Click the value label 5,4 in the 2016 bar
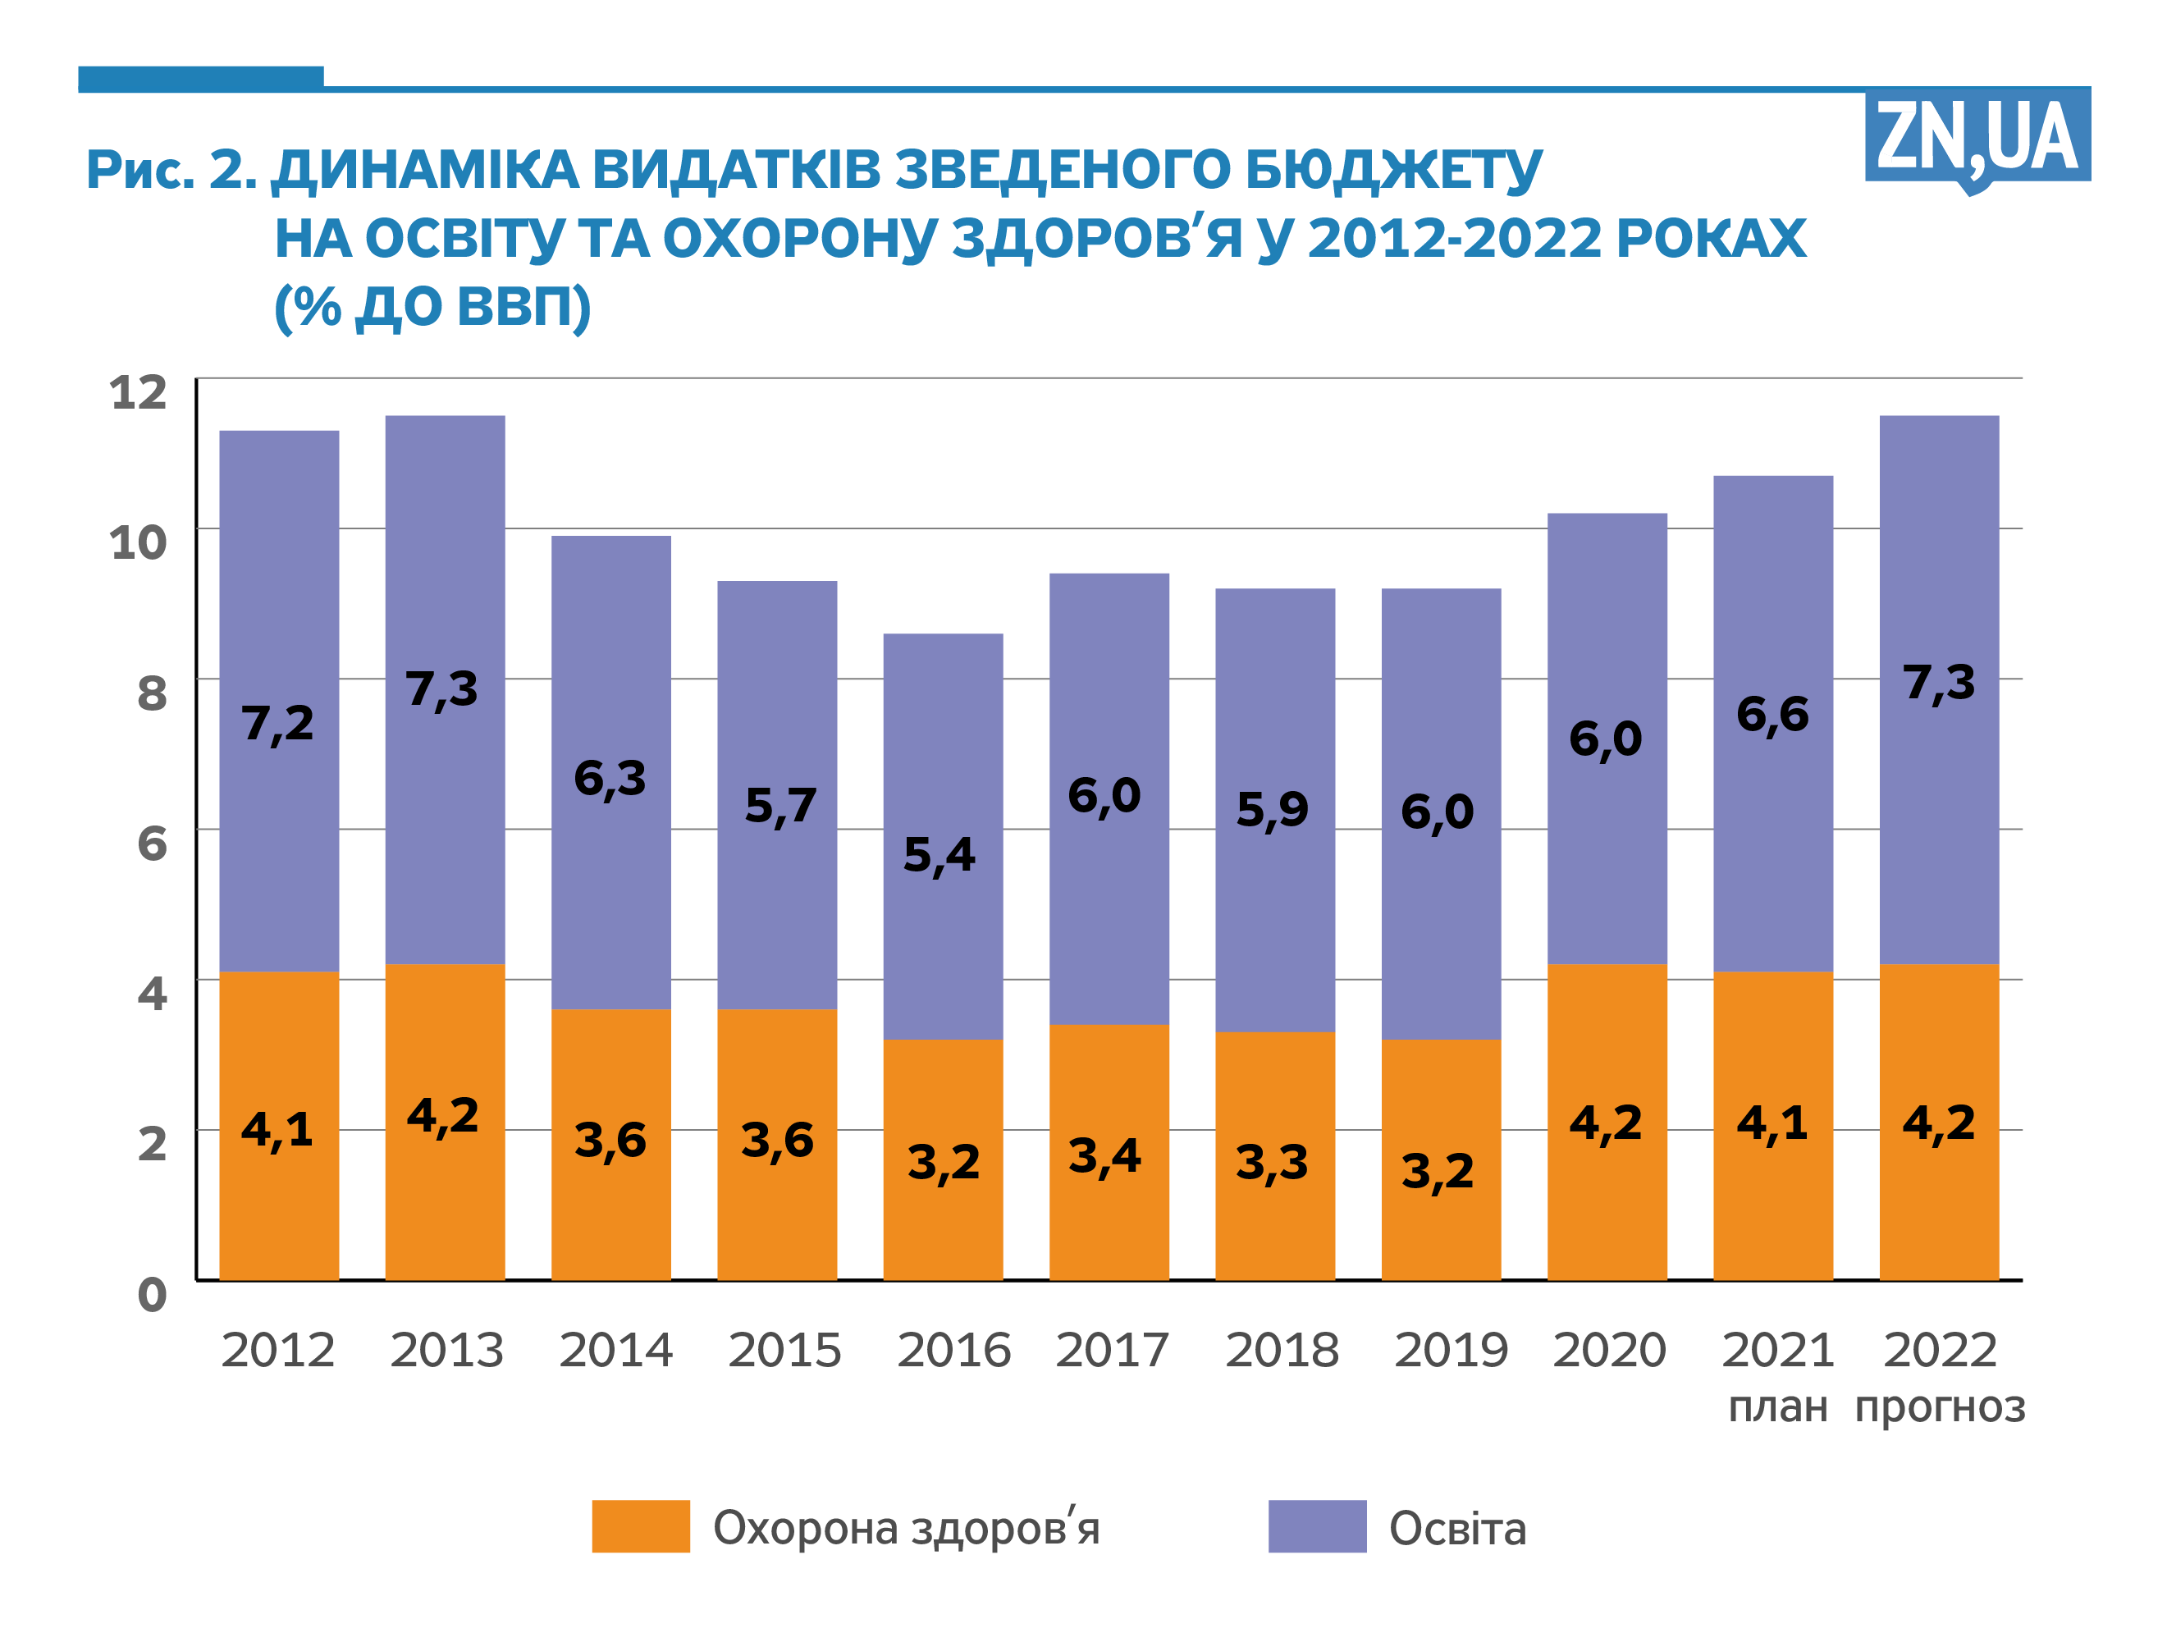[x=939, y=855]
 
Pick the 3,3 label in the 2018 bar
[x=1271, y=1163]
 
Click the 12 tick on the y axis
[x=138, y=393]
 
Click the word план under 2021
[x=1777, y=1406]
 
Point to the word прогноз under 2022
[x=1939, y=1406]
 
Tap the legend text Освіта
[x=1456, y=1529]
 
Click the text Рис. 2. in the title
[x=172, y=169]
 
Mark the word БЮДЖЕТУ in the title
[x=1393, y=171]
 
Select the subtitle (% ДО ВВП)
[x=432, y=307]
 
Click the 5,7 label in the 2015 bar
[x=779, y=806]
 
